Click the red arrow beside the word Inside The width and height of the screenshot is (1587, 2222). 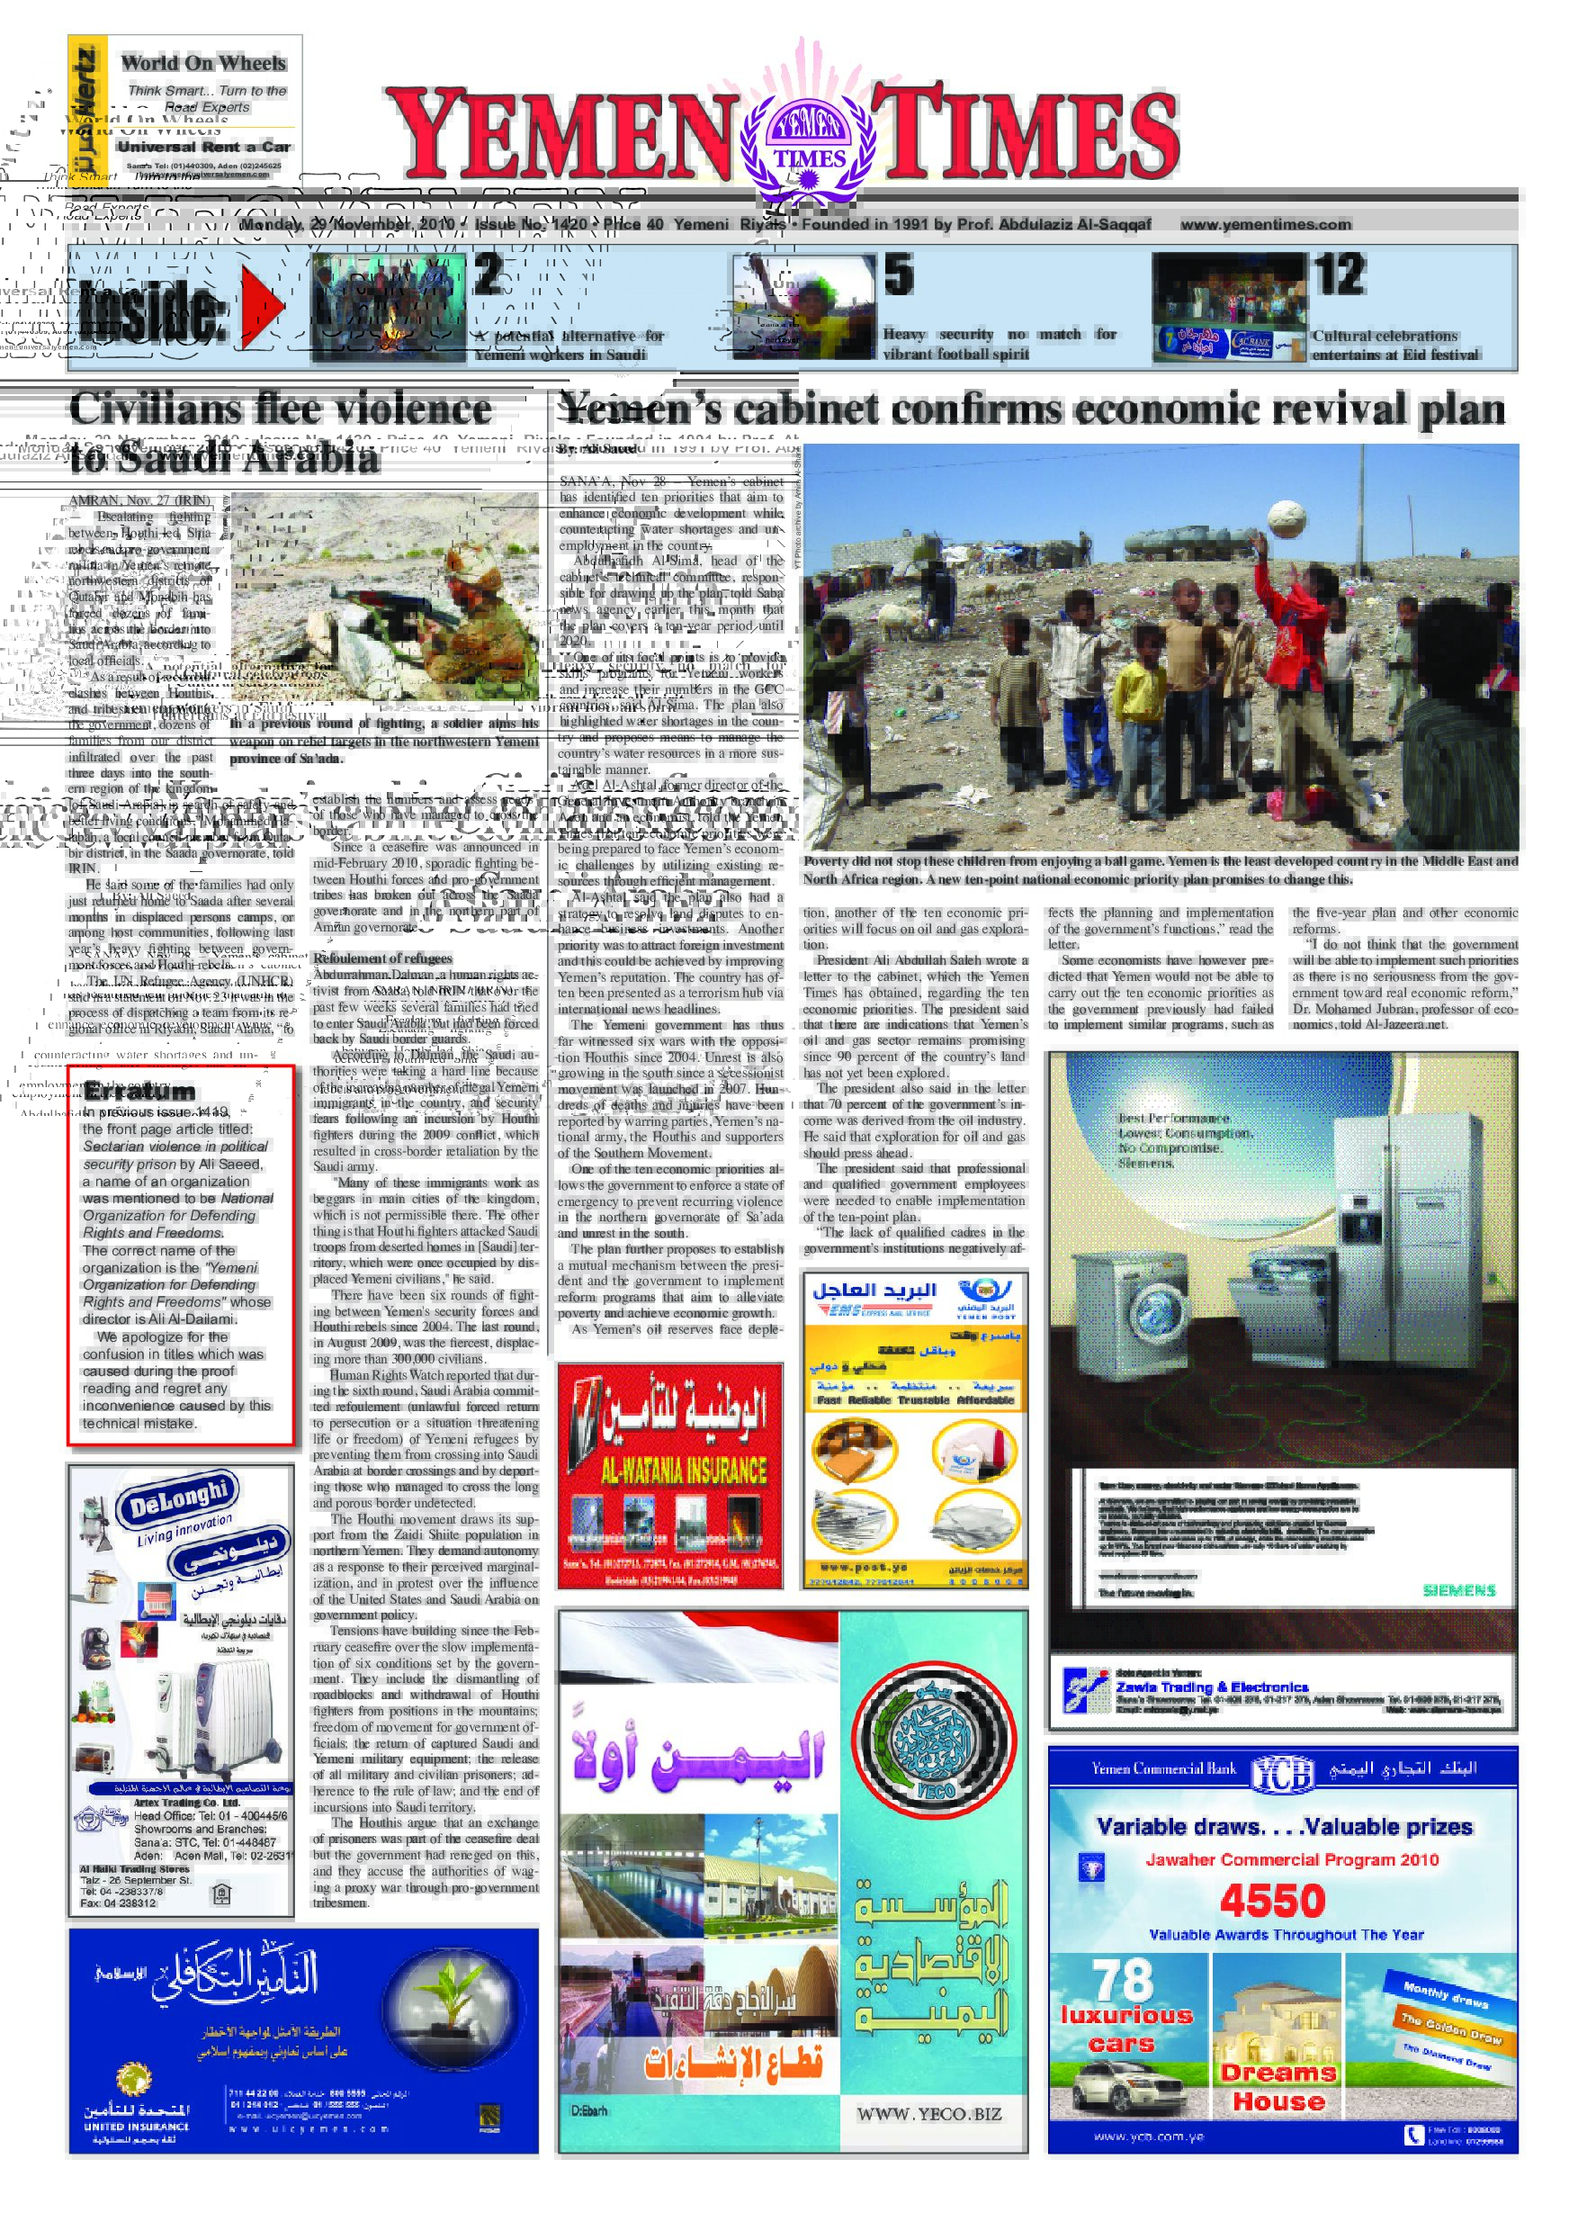[261, 306]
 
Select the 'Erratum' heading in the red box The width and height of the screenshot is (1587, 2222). [139, 1091]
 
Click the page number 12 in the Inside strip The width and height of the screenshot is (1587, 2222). [1339, 274]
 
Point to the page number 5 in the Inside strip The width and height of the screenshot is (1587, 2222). [898, 274]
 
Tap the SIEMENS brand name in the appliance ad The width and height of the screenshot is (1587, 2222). [1459, 1590]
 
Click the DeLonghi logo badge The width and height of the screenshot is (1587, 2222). [177, 1500]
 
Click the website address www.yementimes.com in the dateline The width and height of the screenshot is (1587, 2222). [1266, 224]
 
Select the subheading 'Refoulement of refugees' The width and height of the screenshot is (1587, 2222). [382, 958]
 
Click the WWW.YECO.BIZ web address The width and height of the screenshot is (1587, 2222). [928, 2112]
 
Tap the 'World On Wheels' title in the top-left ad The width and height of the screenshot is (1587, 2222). [203, 63]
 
